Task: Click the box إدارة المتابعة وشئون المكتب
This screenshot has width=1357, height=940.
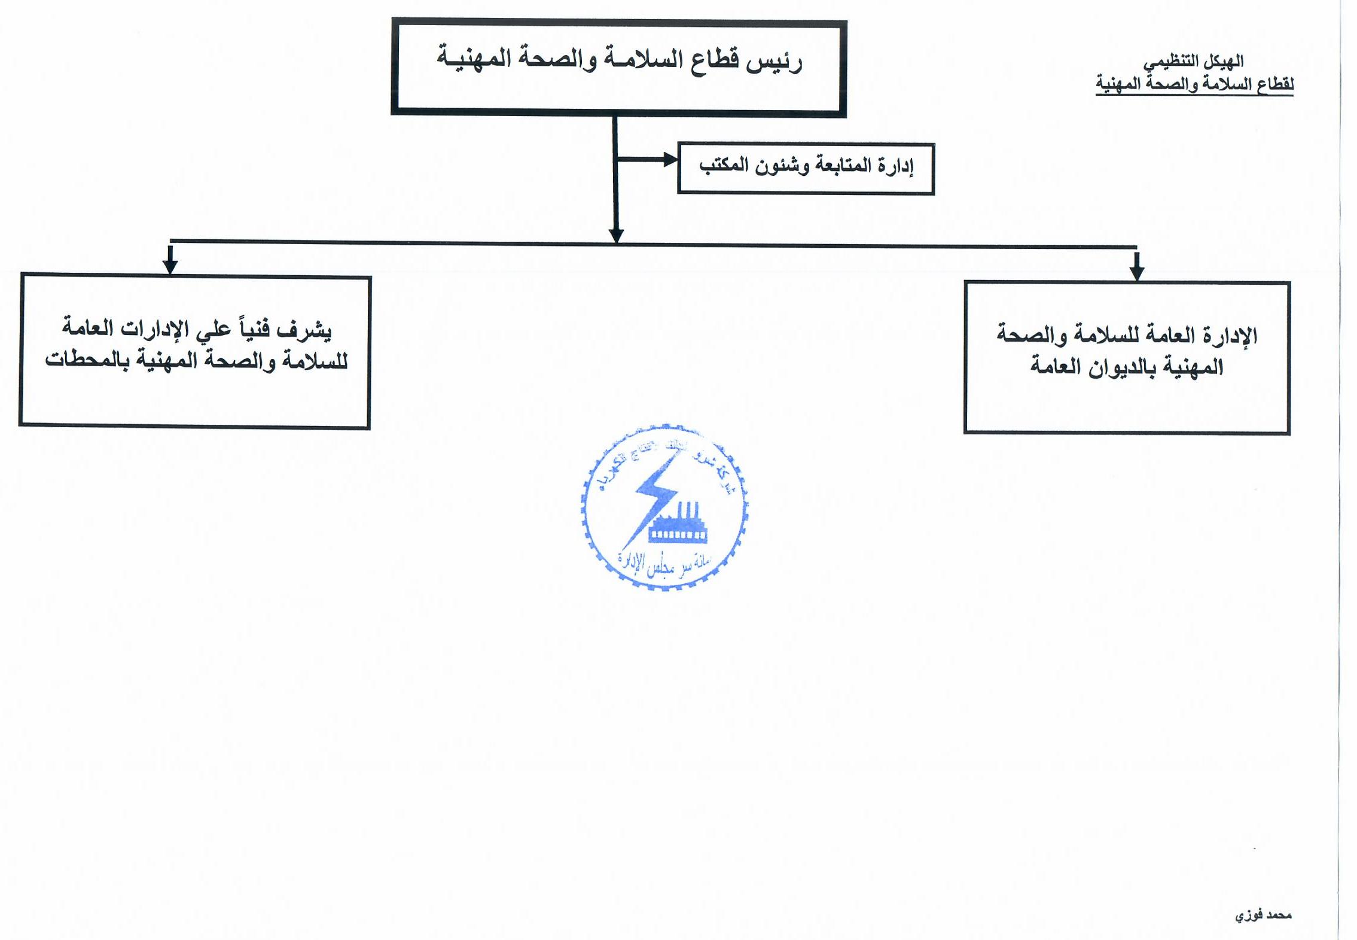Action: (806, 168)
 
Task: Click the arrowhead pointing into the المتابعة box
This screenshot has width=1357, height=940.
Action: (670, 160)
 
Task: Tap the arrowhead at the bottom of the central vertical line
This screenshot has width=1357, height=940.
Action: (616, 236)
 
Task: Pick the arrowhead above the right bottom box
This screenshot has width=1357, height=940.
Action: (1137, 272)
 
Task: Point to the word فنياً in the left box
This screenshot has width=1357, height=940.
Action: (255, 328)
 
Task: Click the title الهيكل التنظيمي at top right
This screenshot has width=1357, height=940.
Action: (1194, 62)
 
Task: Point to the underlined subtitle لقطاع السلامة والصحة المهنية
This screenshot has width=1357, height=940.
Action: (1194, 84)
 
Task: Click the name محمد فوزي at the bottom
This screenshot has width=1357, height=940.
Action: (1263, 915)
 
